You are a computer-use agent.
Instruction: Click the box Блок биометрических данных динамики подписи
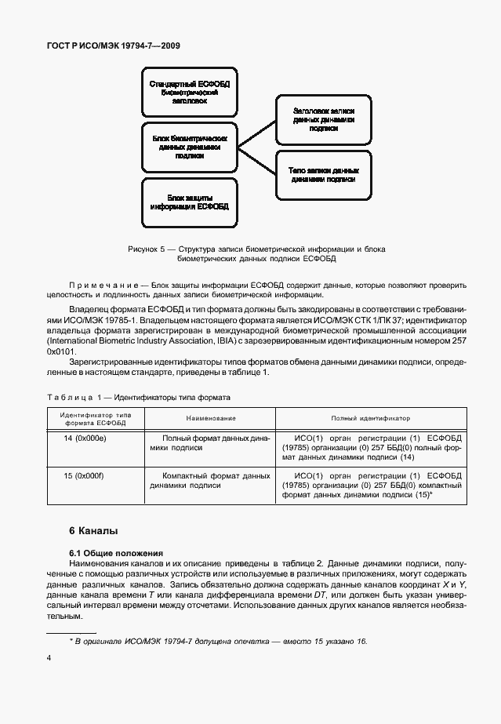pyautogui.click(x=188, y=147)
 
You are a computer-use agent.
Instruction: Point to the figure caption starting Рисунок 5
pyautogui.click(x=256, y=253)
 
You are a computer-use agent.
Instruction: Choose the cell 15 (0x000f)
pyautogui.click(x=93, y=475)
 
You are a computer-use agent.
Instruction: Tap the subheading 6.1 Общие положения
pyautogui.click(x=115, y=553)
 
